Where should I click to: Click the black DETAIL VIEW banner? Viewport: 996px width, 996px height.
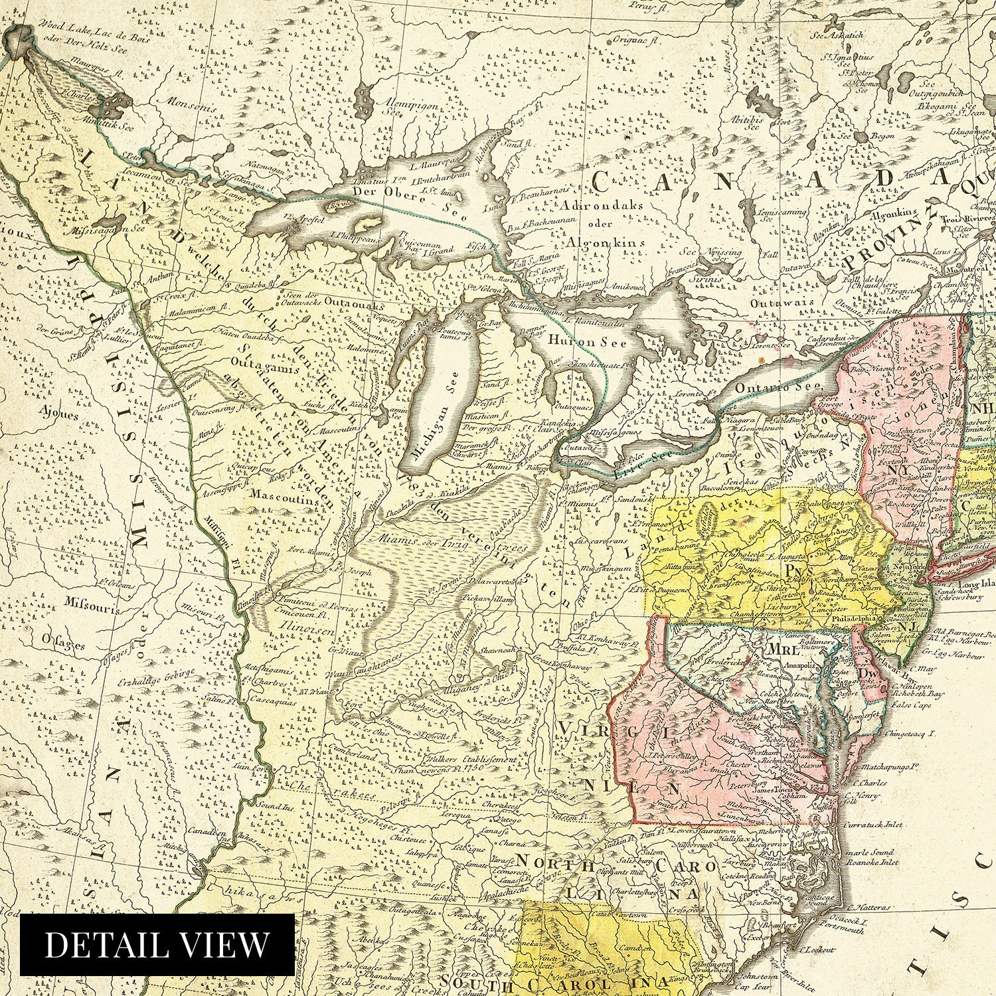pyautogui.click(x=157, y=944)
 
